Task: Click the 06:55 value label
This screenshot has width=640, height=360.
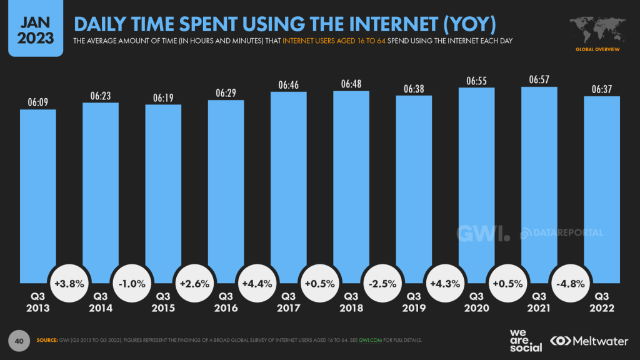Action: pyautogui.click(x=476, y=81)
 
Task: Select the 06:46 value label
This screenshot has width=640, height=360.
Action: pyautogui.click(x=289, y=84)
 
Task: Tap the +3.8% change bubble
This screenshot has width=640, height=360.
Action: pyautogui.click(x=69, y=283)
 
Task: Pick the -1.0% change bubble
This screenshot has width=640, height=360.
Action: pyautogui.click(x=131, y=283)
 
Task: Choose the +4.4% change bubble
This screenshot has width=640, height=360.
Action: pyautogui.click(x=256, y=283)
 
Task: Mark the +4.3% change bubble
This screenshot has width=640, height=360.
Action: pyautogui.click(x=444, y=283)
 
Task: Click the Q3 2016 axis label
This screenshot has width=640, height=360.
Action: pyautogui.click(x=225, y=302)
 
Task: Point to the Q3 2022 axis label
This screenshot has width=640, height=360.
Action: pyautogui.click(x=602, y=302)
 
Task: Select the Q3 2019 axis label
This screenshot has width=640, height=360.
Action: pyautogui.click(x=413, y=302)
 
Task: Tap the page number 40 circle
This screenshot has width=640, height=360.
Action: pyautogui.click(x=19, y=341)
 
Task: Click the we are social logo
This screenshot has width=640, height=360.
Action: pyautogui.click(x=524, y=339)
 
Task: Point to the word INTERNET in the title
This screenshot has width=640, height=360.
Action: pyautogui.click(x=384, y=23)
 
